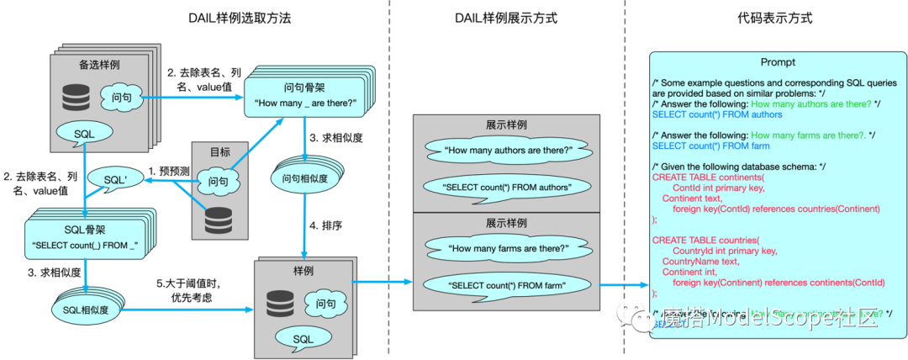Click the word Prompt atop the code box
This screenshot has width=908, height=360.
(x=778, y=62)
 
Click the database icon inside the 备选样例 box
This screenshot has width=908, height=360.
(x=77, y=98)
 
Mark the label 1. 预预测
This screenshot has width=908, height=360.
(x=170, y=171)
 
